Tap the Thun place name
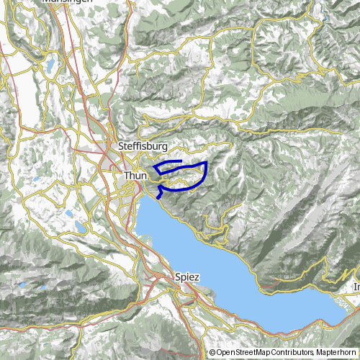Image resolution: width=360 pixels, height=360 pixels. pyautogui.click(x=135, y=176)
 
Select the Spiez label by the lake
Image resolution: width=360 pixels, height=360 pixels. pyautogui.click(x=186, y=276)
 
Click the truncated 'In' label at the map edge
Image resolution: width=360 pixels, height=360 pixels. pyautogui.click(x=355, y=287)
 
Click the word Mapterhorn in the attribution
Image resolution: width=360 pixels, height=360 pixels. pyautogui.click(x=337, y=352)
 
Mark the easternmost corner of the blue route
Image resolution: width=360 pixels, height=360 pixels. pyautogui.click(x=207, y=163)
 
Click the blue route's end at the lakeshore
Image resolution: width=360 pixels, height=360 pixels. pyautogui.click(x=156, y=197)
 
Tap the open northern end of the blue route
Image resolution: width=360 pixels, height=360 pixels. pyautogui.click(x=181, y=160)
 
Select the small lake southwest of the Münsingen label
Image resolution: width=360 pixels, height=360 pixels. pyautogui.click(x=52, y=63)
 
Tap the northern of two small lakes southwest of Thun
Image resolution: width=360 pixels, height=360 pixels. pyautogui.click(x=70, y=214)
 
